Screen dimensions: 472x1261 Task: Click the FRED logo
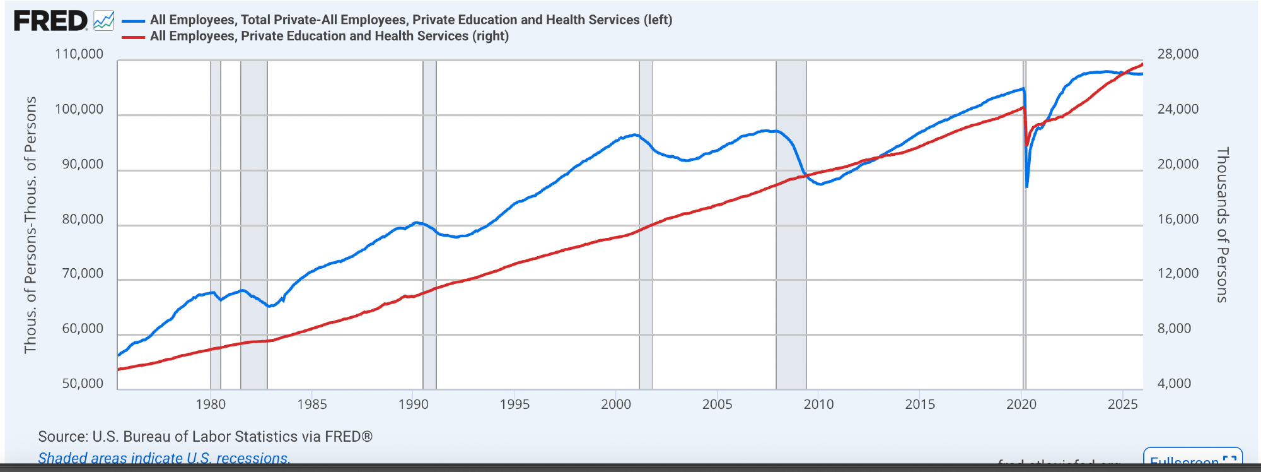(50, 21)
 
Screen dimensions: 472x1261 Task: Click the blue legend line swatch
(133, 21)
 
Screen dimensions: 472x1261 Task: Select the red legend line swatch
(133, 37)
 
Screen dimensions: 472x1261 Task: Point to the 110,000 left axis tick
(79, 54)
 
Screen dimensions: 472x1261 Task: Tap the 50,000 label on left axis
(83, 384)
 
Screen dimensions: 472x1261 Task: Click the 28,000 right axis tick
(1178, 54)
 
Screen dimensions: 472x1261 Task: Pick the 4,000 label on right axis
(1174, 384)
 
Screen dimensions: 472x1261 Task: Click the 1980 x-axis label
(211, 404)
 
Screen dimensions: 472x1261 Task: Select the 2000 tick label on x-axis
(616, 404)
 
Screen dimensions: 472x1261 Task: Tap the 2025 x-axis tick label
(1123, 404)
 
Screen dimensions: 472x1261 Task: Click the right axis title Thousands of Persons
(1222, 225)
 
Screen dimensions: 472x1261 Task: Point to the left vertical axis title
(30, 225)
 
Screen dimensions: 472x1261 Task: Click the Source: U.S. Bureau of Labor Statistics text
(205, 437)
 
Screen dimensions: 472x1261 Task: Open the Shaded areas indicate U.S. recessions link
(164, 458)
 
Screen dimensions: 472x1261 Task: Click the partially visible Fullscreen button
(1192, 459)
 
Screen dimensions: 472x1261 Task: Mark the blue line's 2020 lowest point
(1027, 187)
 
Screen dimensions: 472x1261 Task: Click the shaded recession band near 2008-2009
(791, 252)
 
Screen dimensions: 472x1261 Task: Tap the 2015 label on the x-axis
(920, 404)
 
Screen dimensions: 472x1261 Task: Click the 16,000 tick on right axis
(1178, 220)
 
